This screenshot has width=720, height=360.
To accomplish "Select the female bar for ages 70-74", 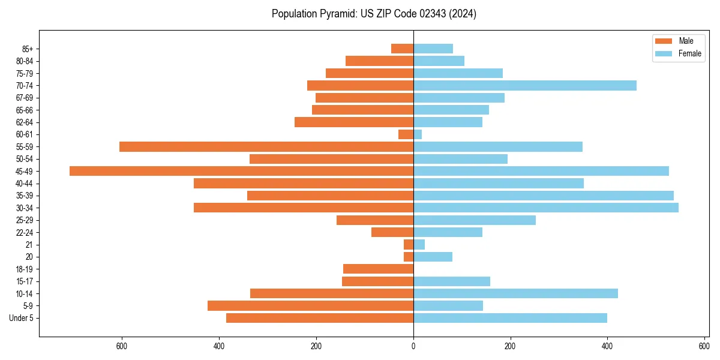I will pos(524,86).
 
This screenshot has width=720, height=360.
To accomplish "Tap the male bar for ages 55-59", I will pos(266,146).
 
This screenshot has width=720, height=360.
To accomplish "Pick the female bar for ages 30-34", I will pos(545,208).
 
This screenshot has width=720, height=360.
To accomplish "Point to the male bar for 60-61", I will pos(406,134).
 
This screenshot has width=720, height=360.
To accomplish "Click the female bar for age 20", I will pos(433,257).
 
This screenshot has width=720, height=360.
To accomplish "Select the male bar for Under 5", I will pos(320,318).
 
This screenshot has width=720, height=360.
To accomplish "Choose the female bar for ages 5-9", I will pos(448,305).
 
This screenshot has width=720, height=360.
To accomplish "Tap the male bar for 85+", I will pos(402,49).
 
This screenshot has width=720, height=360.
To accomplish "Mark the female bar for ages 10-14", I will pos(515,293).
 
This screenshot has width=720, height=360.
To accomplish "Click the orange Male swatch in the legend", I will pos(664,41).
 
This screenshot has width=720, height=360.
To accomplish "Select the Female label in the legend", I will pos(689,53).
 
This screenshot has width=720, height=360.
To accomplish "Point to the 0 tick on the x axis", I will pos(413,346).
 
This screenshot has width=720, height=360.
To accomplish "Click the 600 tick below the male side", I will pos(122,346).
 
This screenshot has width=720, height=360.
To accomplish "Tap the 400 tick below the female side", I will pos(607,346).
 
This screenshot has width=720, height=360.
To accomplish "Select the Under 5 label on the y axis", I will pos(21,318).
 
